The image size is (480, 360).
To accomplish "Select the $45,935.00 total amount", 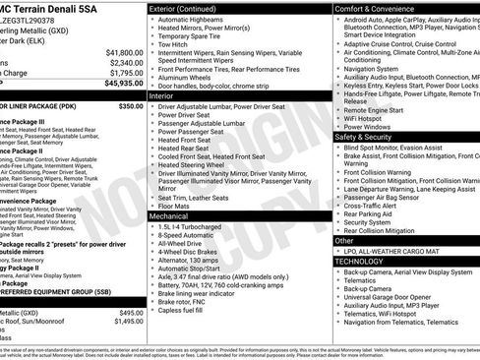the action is click(120, 85).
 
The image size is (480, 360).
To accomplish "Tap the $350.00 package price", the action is click(131, 105).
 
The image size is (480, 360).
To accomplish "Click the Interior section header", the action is click(162, 97).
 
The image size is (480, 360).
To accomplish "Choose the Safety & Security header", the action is click(370, 136).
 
